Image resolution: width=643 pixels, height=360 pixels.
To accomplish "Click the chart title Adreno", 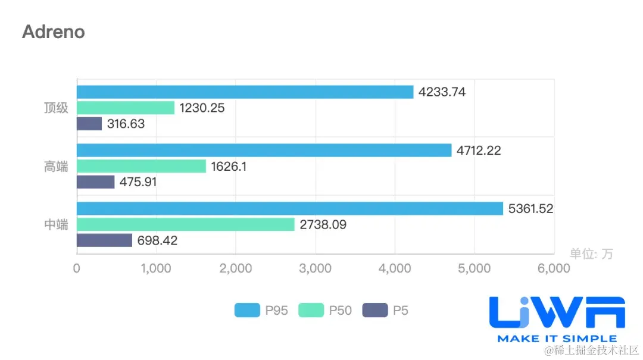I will pyautogui.click(x=54, y=32).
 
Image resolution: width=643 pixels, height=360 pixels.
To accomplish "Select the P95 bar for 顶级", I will pyautogui.click(x=245, y=92).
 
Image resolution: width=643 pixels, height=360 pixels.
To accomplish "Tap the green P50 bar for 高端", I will pyautogui.click(x=141, y=166).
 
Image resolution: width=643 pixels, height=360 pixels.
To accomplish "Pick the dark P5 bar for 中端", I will pyautogui.click(x=104, y=240).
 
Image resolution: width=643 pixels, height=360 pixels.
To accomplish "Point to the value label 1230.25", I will pyautogui.click(x=202, y=108).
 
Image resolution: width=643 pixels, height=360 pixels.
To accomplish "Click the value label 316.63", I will pyautogui.click(x=126, y=124).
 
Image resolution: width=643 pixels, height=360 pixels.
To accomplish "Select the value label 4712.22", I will pyautogui.click(x=479, y=151).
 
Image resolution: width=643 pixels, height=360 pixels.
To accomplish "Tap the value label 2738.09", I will pyautogui.click(x=323, y=225).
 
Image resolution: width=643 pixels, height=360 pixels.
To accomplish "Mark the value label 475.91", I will pyautogui.click(x=138, y=182).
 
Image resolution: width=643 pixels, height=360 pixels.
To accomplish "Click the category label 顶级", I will pyautogui.click(x=56, y=108).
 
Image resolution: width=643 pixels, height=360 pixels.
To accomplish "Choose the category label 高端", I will pyautogui.click(x=56, y=167).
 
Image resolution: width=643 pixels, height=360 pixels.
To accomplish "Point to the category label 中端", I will pyautogui.click(x=56, y=225).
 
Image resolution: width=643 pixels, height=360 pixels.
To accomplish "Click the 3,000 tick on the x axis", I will pyautogui.click(x=315, y=268).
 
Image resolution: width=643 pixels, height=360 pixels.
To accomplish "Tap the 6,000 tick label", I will pyautogui.click(x=553, y=268).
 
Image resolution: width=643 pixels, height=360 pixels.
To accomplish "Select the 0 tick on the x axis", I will pyautogui.click(x=77, y=268).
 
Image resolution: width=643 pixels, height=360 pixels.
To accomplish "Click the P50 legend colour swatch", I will pyautogui.click(x=311, y=310).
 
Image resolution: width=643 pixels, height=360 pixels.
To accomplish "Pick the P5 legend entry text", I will pyautogui.click(x=401, y=310).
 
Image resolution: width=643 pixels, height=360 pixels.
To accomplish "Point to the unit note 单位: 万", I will pyautogui.click(x=591, y=253).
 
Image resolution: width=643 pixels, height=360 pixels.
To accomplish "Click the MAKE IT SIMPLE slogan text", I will pyautogui.click(x=557, y=339).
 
